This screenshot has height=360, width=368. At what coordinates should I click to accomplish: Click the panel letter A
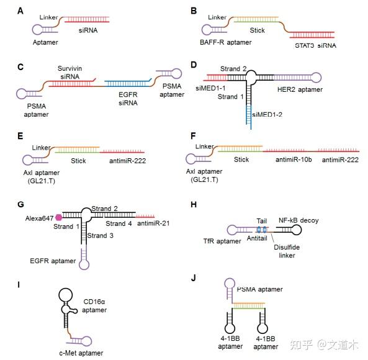tap(21, 11)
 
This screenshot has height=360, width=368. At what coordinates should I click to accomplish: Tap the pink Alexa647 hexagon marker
tap(60, 217)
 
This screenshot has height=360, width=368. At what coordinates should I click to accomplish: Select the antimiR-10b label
tap(290, 160)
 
